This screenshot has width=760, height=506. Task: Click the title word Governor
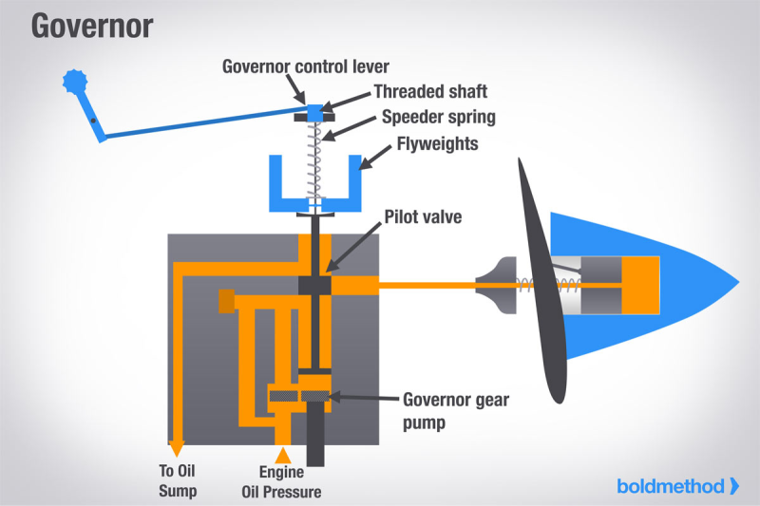91,26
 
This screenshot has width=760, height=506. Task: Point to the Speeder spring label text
439,118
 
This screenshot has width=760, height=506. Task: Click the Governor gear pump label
456,408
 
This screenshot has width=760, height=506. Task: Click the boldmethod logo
676,486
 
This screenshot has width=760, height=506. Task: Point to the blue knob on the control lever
73,82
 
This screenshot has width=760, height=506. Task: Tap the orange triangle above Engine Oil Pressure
281,456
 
